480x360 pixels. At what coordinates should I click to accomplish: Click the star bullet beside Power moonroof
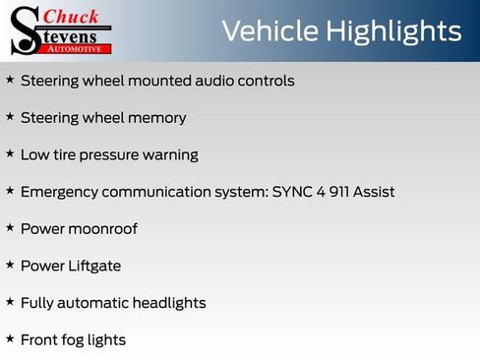[10, 228]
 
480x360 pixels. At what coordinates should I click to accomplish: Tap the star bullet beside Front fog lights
[10, 339]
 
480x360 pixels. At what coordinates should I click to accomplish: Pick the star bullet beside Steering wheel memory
[10, 117]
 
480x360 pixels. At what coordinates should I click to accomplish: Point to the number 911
[329, 192]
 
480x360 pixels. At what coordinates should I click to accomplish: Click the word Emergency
[60, 192]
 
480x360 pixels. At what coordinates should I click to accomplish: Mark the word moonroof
[103, 229]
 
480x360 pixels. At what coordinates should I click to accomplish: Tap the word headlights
[167, 303]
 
